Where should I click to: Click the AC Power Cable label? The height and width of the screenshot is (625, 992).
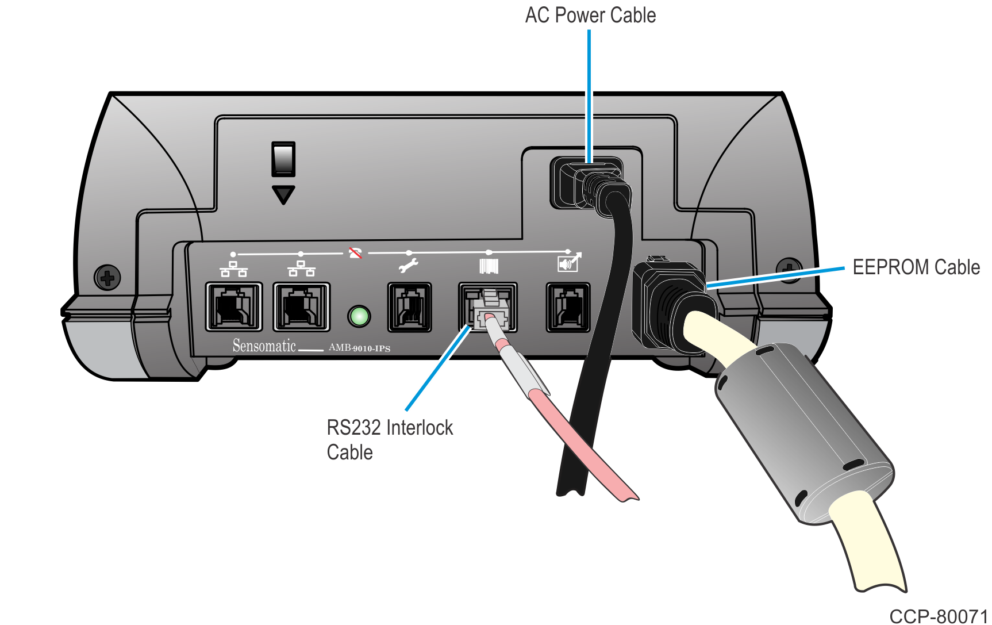point(590,16)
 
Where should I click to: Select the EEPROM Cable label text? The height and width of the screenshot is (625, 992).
point(916,267)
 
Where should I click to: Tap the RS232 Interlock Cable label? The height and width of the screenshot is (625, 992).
point(390,440)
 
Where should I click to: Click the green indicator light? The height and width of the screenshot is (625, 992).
point(359,316)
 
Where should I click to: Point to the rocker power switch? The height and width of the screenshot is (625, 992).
point(283,159)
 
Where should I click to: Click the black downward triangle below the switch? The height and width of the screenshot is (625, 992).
point(283,194)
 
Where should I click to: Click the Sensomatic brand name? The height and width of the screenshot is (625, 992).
point(264,346)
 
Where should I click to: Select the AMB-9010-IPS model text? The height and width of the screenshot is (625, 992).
point(359,348)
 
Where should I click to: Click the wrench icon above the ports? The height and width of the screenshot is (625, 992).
point(409,266)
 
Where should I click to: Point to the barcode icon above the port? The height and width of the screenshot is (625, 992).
point(489,266)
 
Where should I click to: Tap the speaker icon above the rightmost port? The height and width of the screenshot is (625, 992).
point(569,263)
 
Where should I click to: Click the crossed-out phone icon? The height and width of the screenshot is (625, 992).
point(356,253)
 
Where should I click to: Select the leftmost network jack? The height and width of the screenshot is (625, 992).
point(234,307)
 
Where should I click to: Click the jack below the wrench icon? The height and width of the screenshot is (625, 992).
point(409,307)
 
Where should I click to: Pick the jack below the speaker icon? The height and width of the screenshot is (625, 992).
point(568,307)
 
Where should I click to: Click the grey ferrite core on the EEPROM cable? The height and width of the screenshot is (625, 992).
point(804,432)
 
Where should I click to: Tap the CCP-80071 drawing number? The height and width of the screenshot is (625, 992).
point(938,616)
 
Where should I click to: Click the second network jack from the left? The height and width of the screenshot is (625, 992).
point(302,307)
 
